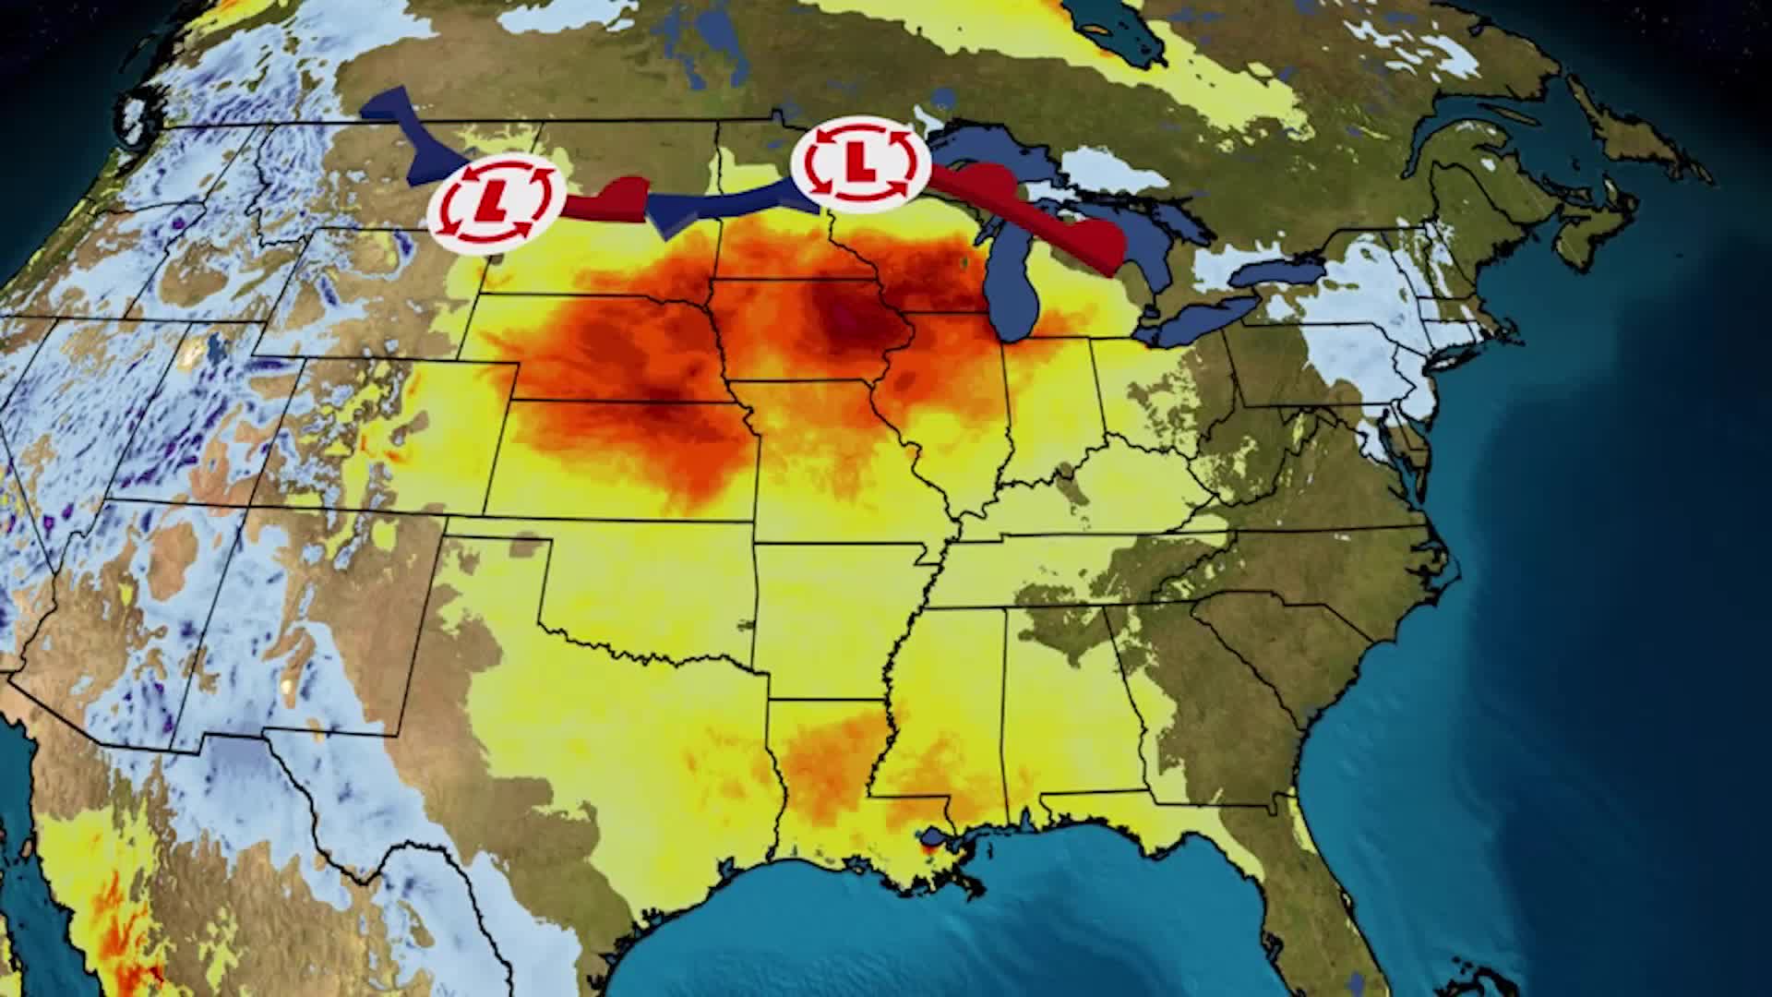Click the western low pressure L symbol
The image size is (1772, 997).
pyautogui.click(x=496, y=201)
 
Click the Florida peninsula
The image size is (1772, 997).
pyautogui.click(x=1329, y=886)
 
